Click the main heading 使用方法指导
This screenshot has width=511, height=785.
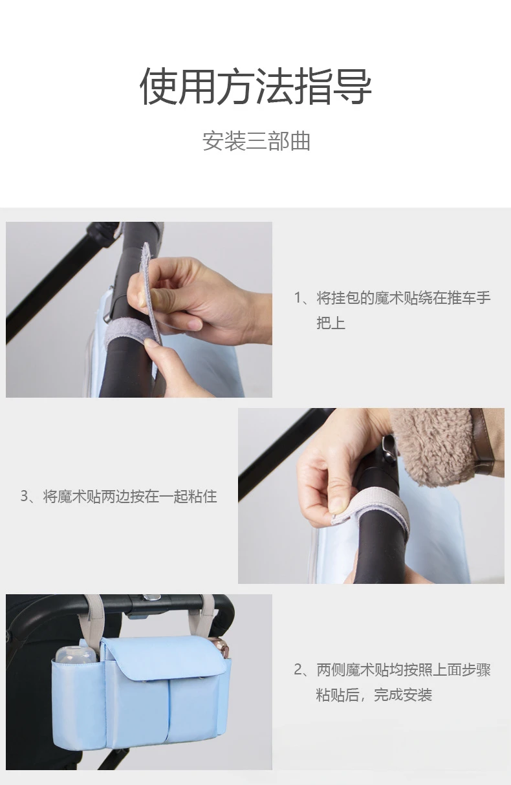coord(255,86)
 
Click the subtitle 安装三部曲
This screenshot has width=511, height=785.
coord(256,141)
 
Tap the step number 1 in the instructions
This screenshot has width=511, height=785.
coord(298,298)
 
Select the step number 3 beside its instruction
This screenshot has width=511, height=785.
coord(24,496)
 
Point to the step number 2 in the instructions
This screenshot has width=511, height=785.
coord(298,670)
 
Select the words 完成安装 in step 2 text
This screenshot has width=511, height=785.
coord(403,694)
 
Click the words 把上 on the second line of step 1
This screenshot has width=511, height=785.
coord(331,323)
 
